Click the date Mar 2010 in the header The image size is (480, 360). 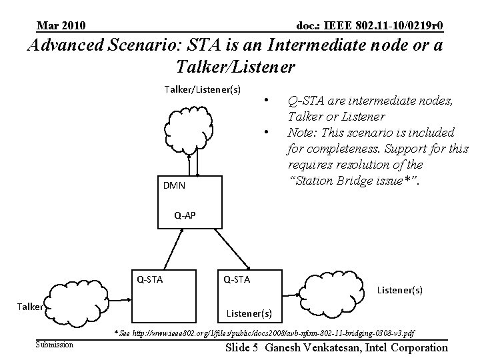61,26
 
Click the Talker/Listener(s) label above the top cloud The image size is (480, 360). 202,89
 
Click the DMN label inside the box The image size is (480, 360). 174,185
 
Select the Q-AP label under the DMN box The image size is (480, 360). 185,215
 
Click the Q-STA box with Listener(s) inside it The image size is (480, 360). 251,297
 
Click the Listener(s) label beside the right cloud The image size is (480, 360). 399,291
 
